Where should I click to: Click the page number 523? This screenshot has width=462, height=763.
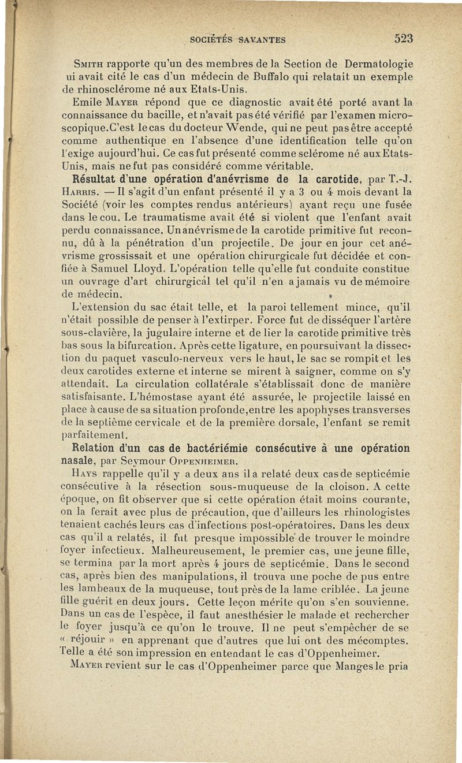point(404,39)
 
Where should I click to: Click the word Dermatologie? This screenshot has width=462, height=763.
point(381,64)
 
